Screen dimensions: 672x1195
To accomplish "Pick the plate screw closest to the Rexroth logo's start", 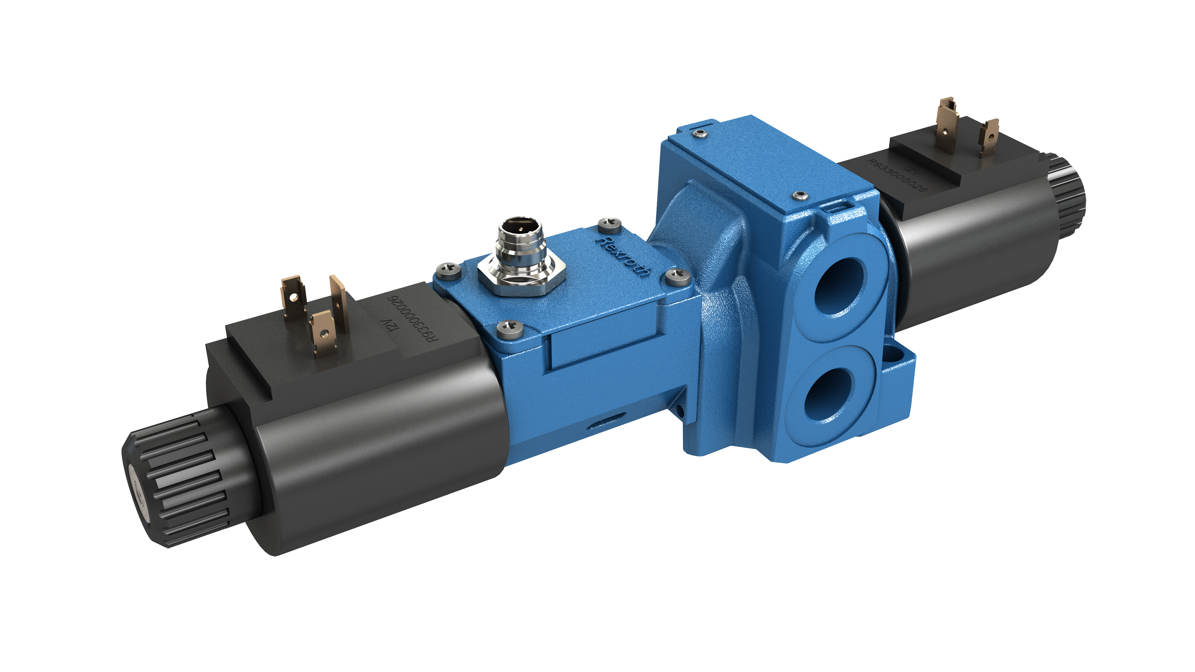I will point(609,224).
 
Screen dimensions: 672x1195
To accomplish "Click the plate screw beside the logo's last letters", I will point(677,276).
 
